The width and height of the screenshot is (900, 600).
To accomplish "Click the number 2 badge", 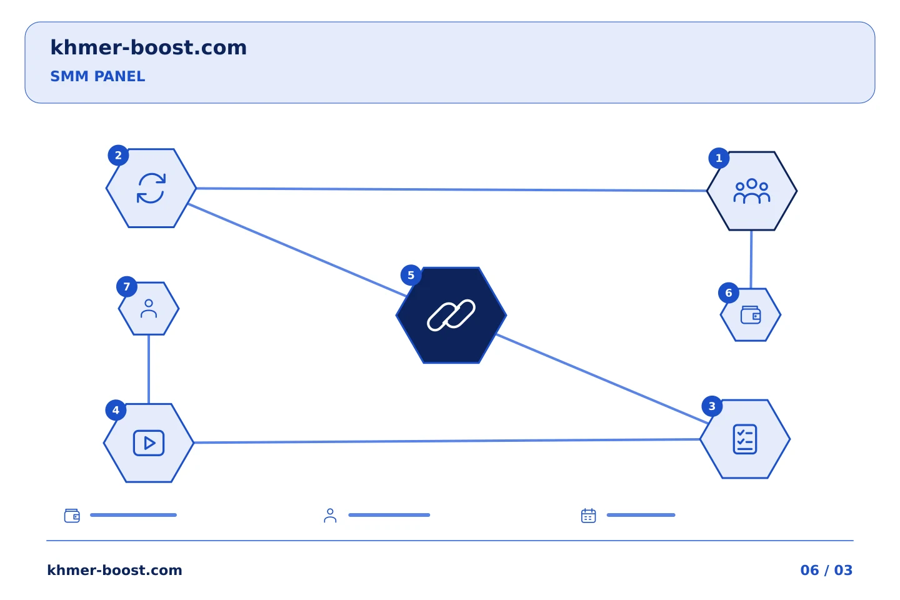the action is click(x=118, y=156).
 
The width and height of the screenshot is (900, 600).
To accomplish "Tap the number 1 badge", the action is click(x=719, y=158).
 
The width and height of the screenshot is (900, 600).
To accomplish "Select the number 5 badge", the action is click(x=411, y=275).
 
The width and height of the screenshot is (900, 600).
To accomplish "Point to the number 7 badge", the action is click(x=127, y=287).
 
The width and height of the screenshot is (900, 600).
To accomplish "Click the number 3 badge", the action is click(x=712, y=406).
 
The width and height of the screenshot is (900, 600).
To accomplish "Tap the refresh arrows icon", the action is click(x=151, y=188).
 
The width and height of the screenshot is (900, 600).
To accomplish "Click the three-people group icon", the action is click(x=752, y=191).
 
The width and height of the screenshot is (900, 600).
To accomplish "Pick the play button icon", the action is click(x=149, y=443).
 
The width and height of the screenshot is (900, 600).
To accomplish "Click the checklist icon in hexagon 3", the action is click(x=745, y=439).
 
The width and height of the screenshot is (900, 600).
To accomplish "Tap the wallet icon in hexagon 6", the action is click(x=751, y=314).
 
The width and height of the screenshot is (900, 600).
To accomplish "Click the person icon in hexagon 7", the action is click(x=149, y=309).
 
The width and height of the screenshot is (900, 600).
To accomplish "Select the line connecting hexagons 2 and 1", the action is click(x=452, y=189).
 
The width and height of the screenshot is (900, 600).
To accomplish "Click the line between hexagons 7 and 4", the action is click(x=149, y=369).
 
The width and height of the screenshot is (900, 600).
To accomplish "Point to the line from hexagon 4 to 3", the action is click(x=447, y=441).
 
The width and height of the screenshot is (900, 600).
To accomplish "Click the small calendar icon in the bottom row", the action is click(x=589, y=516).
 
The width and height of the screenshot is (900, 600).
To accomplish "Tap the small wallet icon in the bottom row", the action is click(x=72, y=516).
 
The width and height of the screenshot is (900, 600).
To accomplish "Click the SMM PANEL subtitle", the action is click(x=97, y=76).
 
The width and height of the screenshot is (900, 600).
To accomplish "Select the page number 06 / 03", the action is click(x=826, y=570).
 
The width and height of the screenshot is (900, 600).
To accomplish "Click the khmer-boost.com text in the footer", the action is click(x=114, y=570).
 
